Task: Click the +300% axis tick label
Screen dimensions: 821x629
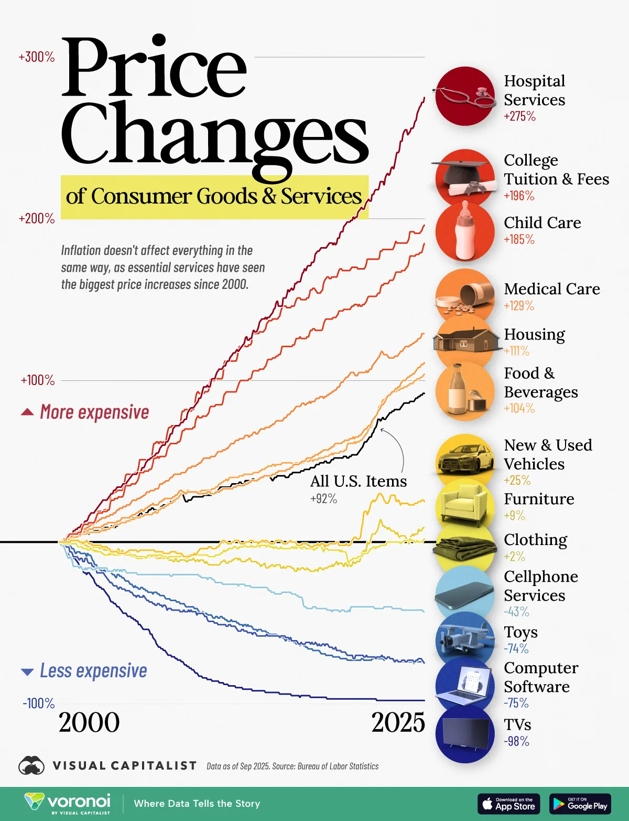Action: (37, 57)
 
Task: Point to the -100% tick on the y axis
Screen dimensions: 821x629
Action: (38, 703)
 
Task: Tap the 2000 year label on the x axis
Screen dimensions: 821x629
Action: (89, 722)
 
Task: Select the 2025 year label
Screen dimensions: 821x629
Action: (398, 722)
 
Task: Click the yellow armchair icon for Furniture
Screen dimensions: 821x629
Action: (465, 504)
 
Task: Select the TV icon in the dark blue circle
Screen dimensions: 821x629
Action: (465, 733)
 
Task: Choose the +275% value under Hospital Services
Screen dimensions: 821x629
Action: (519, 116)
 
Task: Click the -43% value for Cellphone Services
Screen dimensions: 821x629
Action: (516, 612)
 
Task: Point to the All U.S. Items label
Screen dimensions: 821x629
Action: (359, 481)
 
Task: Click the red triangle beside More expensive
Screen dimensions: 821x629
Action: (27, 412)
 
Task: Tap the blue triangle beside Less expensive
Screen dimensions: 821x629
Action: (27, 671)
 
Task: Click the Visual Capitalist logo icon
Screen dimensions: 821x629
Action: (31, 766)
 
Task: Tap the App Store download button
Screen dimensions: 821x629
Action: (508, 804)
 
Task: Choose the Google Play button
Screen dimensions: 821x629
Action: (580, 804)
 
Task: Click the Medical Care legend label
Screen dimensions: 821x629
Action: (551, 289)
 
